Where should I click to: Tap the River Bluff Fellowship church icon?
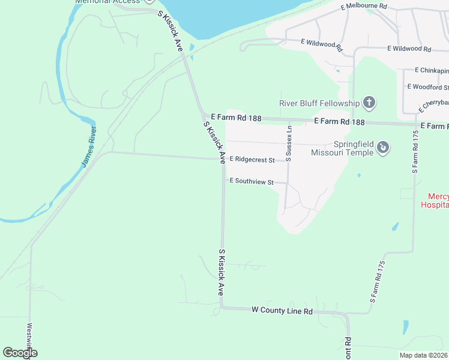pyautogui.click(x=369, y=103)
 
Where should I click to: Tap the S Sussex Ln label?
pyautogui.click(x=289, y=143)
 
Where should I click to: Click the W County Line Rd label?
pyautogui.click(x=282, y=311)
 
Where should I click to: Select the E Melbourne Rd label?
pyautogui.click(x=364, y=7)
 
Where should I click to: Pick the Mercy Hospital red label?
pyautogui.click(x=438, y=200)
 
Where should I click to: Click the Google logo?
pyautogui.click(x=20, y=353)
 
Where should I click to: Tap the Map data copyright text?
pyautogui.click(x=424, y=355)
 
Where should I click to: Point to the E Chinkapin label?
pyautogui.click(x=432, y=71)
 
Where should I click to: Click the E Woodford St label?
pyautogui.click(x=428, y=87)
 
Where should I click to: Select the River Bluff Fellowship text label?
pyautogui.click(x=319, y=103)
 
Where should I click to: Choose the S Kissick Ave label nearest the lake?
pyautogui.click(x=170, y=32)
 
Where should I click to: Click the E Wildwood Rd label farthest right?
pyautogui.click(x=409, y=49)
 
